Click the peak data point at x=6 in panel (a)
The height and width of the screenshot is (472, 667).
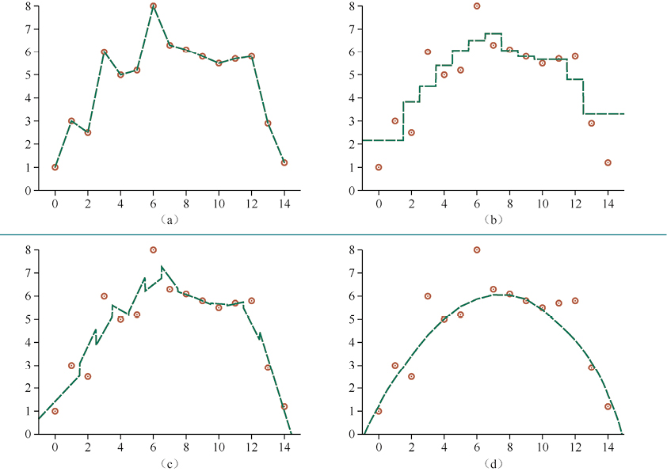tap(153, 6)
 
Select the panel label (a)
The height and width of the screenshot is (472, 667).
tap(169, 219)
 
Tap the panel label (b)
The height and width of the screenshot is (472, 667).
tap(493, 219)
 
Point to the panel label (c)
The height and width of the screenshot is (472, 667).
tap(169, 463)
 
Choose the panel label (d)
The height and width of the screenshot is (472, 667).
tap(493, 463)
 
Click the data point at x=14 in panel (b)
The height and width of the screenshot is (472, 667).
tap(608, 162)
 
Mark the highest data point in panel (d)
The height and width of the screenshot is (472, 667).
tap(477, 249)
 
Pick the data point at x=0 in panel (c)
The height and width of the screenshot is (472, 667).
tap(55, 411)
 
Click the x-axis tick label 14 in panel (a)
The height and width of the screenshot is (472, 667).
tap(284, 204)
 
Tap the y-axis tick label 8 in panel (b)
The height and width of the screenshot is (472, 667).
tap(349, 6)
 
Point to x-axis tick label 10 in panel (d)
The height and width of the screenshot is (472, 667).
tap(542, 447)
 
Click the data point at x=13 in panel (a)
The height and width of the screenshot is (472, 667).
tap(268, 123)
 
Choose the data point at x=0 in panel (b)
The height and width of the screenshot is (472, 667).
tap(379, 167)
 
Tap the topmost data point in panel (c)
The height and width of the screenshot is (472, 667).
tap(153, 249)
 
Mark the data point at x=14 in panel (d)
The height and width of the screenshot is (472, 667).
tap(608, 406)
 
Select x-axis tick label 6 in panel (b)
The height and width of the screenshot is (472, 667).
tap(477, 204)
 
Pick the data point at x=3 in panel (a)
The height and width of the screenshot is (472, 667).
tap(104, 52)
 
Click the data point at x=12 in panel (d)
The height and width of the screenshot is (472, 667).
tap(575, 301)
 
